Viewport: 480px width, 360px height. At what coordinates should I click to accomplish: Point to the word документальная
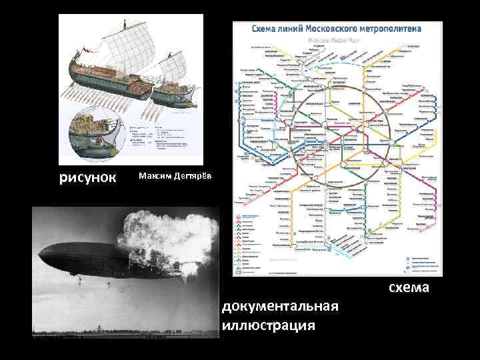tap(281, 306)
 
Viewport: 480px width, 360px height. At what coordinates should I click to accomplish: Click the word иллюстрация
tap(269, 325)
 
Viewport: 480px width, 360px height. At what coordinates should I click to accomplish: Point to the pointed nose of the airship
tap(41, 251)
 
